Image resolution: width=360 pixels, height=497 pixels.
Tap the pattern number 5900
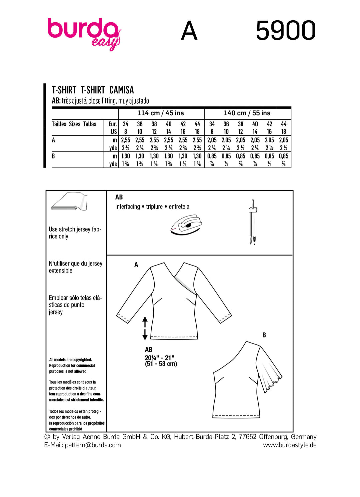pos(286,31)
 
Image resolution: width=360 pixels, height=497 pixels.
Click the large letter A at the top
pos(189,31)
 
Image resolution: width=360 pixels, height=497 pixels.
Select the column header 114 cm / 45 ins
pos(161,113)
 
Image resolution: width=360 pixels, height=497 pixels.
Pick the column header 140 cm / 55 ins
pos(247,113)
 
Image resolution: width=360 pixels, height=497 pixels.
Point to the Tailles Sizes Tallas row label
pos(74,124)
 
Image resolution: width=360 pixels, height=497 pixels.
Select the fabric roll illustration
pos(70,202)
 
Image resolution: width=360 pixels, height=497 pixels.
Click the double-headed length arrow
pos(145,328)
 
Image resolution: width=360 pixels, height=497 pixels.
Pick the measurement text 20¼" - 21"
pos(160,358)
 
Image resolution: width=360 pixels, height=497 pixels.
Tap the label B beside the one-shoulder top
pos(264,335)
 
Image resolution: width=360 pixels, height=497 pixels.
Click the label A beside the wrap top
pos(136,265)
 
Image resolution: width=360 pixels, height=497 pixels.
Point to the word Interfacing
pos(128,207)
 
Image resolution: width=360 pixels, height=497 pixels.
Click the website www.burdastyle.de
pos(290,445)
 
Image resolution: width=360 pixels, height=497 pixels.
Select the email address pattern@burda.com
pos(93,445)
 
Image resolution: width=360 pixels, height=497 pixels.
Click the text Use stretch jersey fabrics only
pos(75,233)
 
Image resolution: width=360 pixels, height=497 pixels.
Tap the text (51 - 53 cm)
pos(161,364)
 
